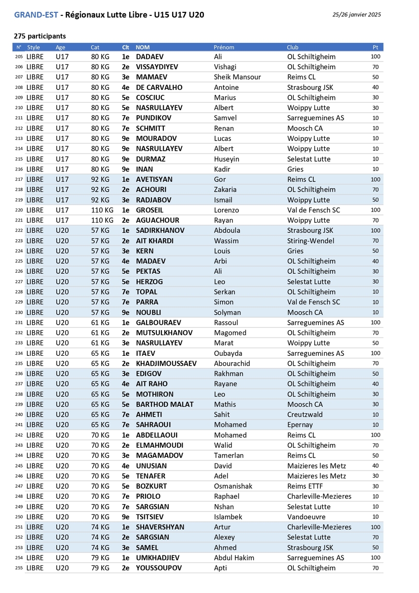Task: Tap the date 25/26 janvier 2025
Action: click(x=357, y=15)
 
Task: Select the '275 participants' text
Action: click(x=40, y=36)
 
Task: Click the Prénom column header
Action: click(x=224, y=47)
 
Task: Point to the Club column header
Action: click(x=293, y=47)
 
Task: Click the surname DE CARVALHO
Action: click(x=159, y=87)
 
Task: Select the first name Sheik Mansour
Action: click(x=237, y=77)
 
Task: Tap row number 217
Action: click(x=19, y=180)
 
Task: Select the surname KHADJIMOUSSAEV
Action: click(x=166, y=364)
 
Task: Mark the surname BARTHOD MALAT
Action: click(x=165, y=404)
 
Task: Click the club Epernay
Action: click(x=301, y=425)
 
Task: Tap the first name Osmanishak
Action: click(x=233, y=486)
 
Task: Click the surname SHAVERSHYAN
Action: click(x=160, y=527)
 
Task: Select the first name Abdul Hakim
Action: click(x=234, y=558)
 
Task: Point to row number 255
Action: click(x=19, y=568)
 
